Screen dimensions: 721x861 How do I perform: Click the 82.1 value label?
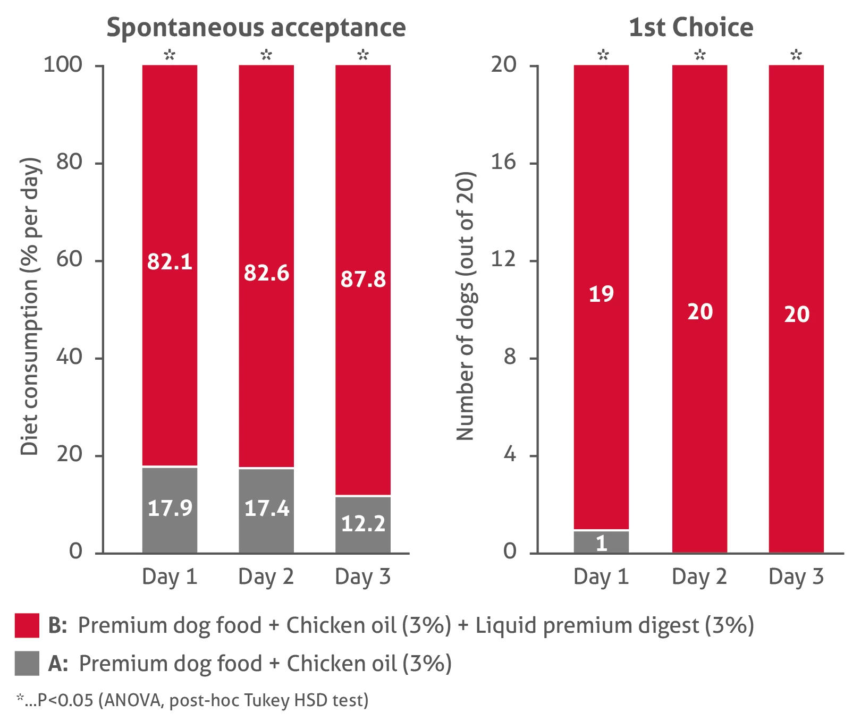coord(170,262)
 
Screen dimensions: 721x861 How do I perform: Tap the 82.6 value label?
coord(266,273)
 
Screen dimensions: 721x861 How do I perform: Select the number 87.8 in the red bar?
coord(363,279)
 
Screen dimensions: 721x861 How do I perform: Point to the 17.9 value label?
coord(170,508)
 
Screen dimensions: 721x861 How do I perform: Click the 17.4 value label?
coord(266,508)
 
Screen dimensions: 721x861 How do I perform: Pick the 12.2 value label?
coord(363,524)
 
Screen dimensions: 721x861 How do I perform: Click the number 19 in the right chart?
coord(601,294)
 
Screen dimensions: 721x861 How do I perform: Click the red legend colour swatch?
coord(27,625)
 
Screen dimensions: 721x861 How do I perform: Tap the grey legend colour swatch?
coord(27,663)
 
